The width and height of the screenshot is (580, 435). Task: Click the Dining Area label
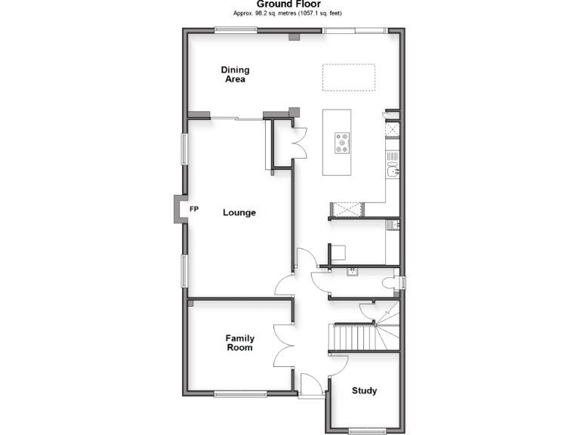tap(235, 74)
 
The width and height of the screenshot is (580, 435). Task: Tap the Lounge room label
tap(239, 213)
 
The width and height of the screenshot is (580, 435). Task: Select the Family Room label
tap(239, 343)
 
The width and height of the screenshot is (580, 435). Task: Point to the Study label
tap(364, 391)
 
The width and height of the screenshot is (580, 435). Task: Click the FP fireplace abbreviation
tap(194, 209)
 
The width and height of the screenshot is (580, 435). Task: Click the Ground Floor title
tap(289, 4)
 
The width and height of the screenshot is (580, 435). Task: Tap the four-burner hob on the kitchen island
tap(343, 143)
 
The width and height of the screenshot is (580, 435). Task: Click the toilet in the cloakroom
tap(390, 283)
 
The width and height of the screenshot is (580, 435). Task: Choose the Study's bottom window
tap(367, 432)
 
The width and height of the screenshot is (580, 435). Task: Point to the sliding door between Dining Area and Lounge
tap(237, 118)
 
